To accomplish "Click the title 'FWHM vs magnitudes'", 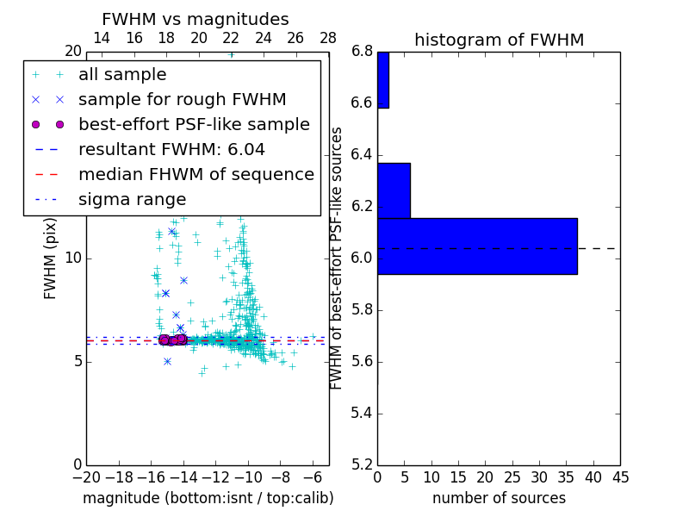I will tap(196, 19).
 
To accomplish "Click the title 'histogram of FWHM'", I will tap(499, 40).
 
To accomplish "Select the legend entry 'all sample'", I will tap(122, 75).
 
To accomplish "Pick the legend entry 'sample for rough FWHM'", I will tap(182, 99).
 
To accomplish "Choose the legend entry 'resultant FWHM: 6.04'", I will tap(171, 149).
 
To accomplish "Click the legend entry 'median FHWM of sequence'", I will tap(196, 174).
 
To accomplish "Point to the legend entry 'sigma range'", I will tap(132, 199).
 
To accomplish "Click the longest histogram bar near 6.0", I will tap(477, 246).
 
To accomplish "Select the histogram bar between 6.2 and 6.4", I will tap(394, 190).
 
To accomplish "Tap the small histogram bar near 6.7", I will tap(382, 80).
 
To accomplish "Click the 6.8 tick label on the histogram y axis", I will tap(362, 52).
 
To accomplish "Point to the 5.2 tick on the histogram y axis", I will tap(362, 464).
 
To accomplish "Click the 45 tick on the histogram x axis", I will tap(620, 477).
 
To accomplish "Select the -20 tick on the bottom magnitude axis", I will tap(86, 477).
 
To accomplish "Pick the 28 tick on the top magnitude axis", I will tap(328, 38).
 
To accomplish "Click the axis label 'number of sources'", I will tap(499, 498).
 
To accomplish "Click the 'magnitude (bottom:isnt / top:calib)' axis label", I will tap(208, 498).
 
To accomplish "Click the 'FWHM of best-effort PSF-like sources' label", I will tap(338, 258).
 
